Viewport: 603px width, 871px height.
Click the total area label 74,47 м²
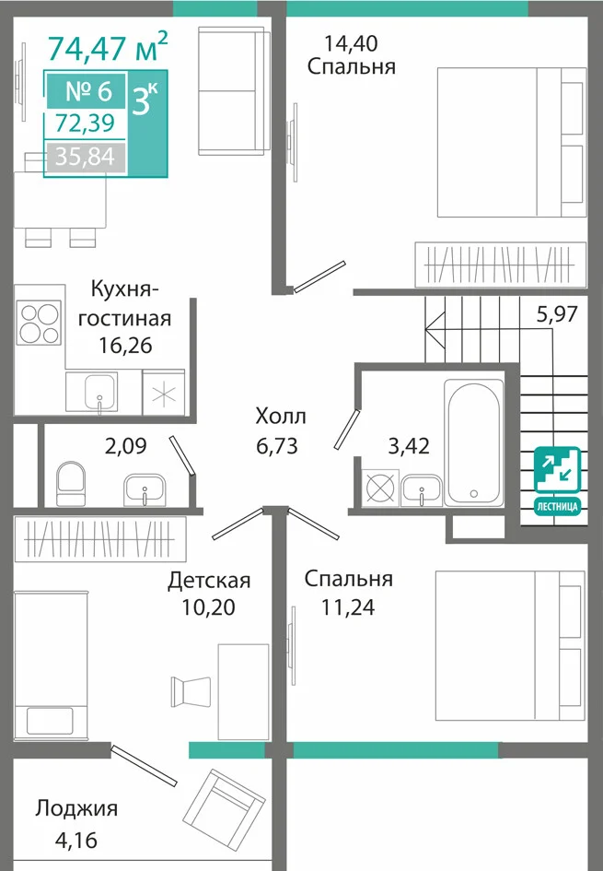coord(107,47)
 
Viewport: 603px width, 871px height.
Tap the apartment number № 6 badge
coord(87,90)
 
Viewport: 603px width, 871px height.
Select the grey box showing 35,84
coord(86,157)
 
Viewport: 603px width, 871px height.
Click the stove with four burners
coord(39,323)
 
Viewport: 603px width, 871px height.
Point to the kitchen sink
coord(100,392)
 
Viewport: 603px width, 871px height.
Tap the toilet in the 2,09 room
coord(71,482)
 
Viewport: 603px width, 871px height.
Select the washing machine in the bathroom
coord(380,488)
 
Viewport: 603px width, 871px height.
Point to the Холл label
coord(281,416)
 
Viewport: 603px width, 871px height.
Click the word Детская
coord(209,581)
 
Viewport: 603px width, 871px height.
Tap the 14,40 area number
coord(351,42)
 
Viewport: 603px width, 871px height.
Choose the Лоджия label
coord(76,809)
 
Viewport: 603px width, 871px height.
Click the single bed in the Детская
coord(51,665)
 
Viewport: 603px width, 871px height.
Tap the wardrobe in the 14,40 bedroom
coord(501,265)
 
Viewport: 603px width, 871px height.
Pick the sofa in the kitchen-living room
coord(231,90)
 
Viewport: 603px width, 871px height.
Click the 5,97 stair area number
coord(557,314)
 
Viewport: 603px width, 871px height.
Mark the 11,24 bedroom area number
coord(348,607)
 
